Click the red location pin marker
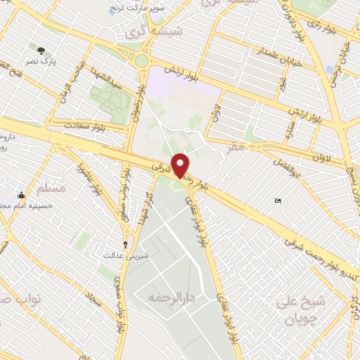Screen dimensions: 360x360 (181, 165)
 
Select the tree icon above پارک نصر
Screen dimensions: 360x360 (41, 51)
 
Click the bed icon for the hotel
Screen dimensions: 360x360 (278, 201)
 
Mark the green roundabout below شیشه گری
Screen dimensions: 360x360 (141, 61)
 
